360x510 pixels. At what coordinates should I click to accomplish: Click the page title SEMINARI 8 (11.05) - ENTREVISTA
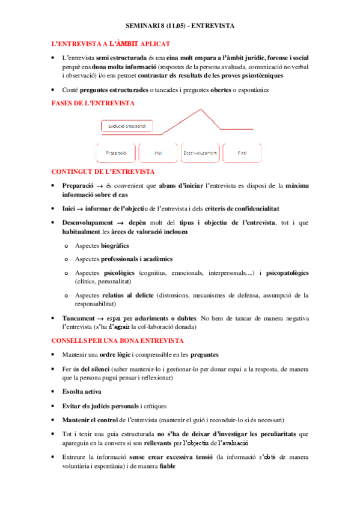point(180,27)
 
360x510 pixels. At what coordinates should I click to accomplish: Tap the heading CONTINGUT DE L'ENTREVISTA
point(103,171)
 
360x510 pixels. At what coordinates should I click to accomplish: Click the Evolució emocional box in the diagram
point(127,126)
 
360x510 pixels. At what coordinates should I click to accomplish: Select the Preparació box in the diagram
point(116,153)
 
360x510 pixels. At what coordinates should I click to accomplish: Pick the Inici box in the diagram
point(158,153)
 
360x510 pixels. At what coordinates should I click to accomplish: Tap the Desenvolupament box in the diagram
point(200,153)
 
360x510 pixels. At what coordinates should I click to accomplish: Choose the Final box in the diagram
point(242,153)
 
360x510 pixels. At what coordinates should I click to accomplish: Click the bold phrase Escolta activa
point(82,392)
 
